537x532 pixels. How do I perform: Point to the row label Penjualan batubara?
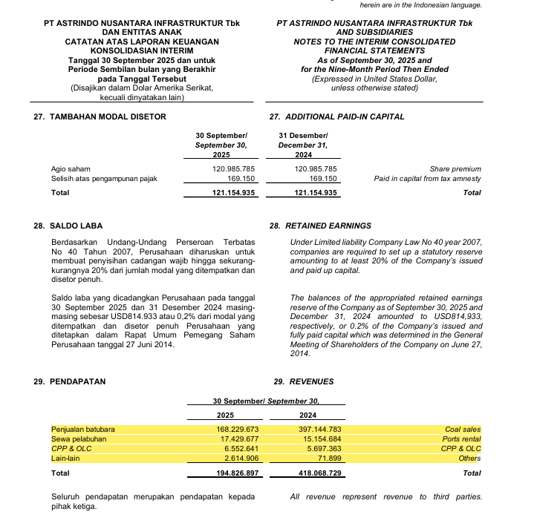tap(83, 429)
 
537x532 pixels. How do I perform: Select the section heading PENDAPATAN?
tap(77, 381)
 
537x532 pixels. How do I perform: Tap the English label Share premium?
tap(455, 169)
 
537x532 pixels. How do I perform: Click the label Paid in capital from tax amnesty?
tap(428, 179)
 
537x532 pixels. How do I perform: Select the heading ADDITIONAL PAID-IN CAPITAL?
tap(345, 116)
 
